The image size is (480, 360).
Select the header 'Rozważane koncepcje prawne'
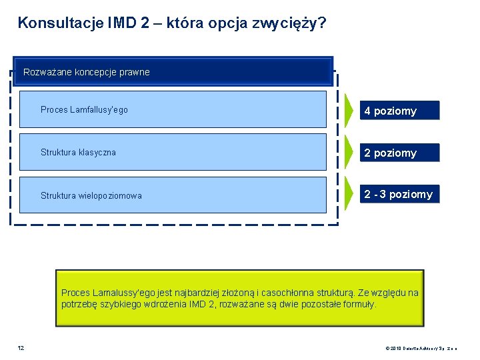[87, 72]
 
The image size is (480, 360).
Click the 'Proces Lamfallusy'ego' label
[84, 109]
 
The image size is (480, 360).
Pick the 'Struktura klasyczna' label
[78, 152]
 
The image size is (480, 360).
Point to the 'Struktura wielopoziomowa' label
[91, 195]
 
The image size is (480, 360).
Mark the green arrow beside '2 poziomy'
[350, 152]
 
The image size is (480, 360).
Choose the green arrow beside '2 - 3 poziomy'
[350, 195]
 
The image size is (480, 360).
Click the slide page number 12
[21, 347]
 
